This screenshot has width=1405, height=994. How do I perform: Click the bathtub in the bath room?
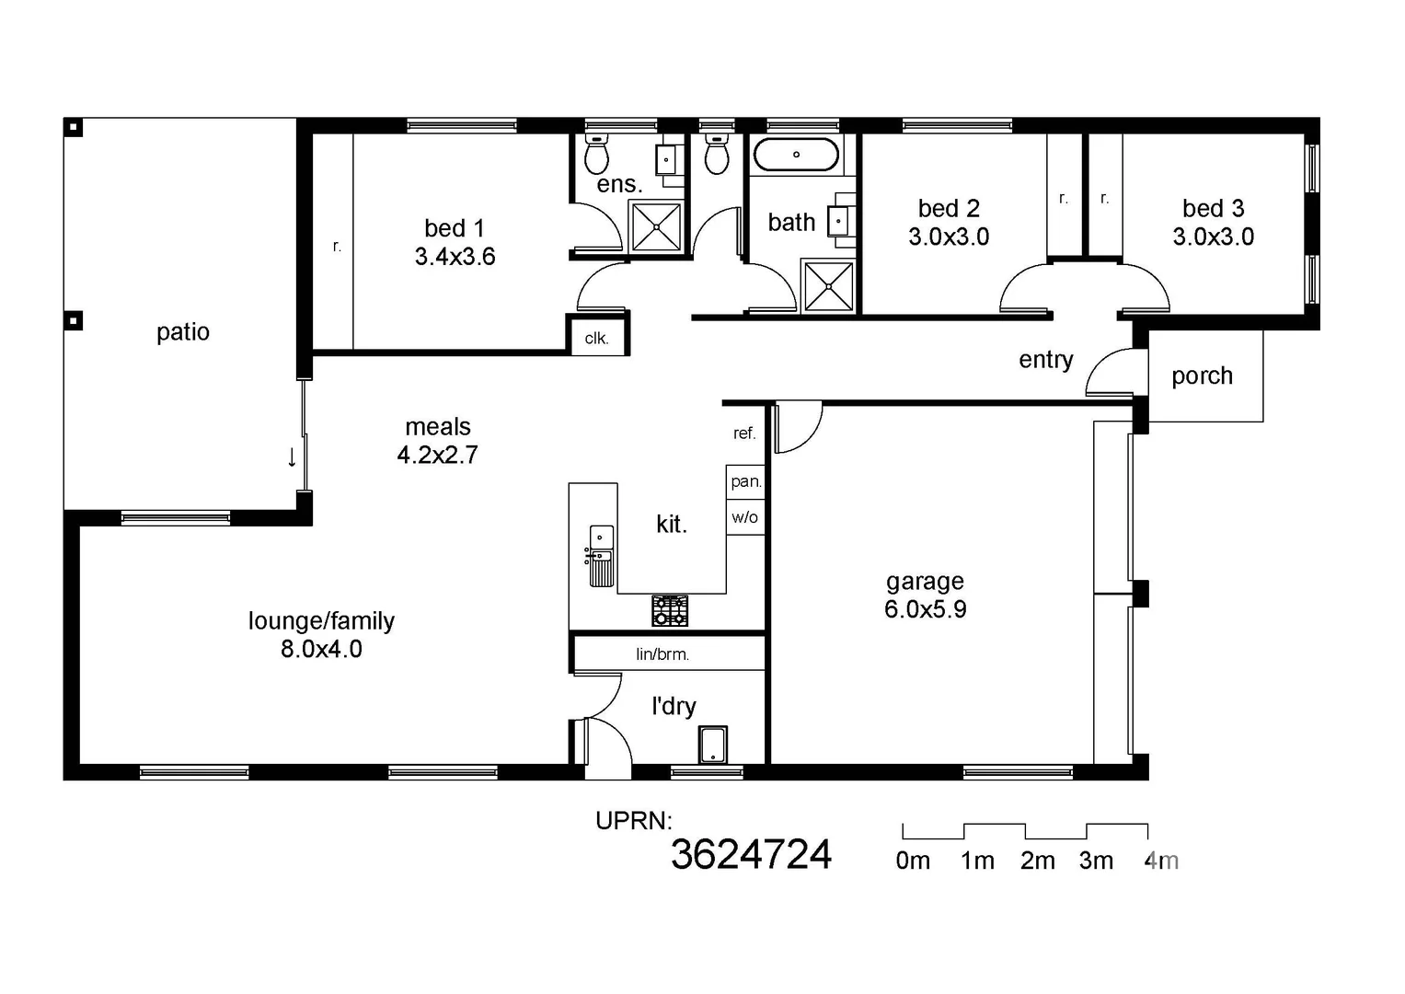(x=796, y=155)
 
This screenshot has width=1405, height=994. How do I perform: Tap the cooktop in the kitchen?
(x=670, y=610)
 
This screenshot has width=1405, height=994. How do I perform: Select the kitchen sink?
(x=601, y=556)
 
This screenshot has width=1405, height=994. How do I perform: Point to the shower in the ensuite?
(x=656, y=226)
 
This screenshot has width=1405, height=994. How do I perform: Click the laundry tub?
(x=713, y=745)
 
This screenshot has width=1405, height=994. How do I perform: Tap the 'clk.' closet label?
(x=596, y=338)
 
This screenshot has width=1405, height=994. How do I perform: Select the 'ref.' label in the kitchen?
(x=744, y=433)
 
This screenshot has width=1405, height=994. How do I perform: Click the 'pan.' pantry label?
(x=745, y=481)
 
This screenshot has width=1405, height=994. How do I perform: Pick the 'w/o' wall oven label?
(x=744, y=517)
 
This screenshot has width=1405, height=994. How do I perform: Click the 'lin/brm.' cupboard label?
(x=662, y=654)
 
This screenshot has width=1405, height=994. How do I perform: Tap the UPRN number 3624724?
(x=751, y=855)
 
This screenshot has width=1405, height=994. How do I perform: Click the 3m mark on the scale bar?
(x=1096, y=861)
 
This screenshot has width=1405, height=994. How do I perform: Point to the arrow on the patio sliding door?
(x=292, y=457)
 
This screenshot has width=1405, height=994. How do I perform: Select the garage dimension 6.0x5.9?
(x=925, y=609)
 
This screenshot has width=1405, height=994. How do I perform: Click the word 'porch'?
(x=1202, y=376)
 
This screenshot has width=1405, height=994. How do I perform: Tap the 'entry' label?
(x=1046, y=360)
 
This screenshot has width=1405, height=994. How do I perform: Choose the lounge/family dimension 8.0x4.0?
(x=321, y=649)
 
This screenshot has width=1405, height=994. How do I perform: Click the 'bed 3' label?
(x=1213, y=209)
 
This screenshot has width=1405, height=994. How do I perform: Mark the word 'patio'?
(x=183, y=332)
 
